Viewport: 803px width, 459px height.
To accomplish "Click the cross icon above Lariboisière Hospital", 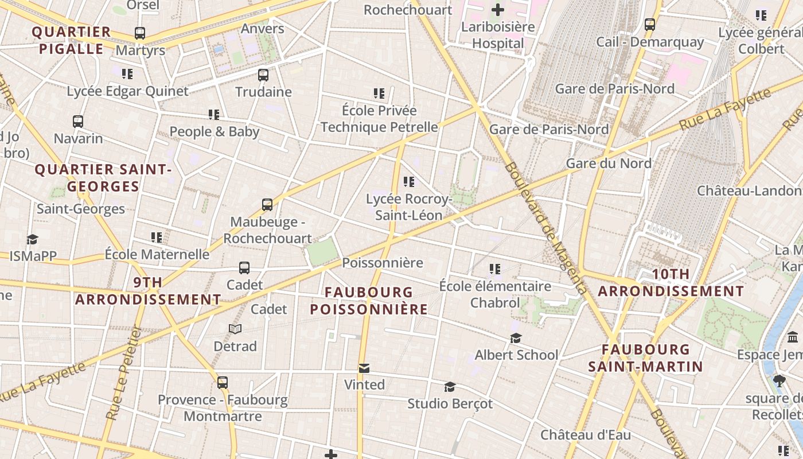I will click(498, 9).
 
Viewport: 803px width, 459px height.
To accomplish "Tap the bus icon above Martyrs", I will click(140, 33).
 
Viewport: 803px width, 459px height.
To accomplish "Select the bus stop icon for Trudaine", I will click(263, 75).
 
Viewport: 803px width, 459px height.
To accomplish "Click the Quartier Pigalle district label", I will click(72, 40).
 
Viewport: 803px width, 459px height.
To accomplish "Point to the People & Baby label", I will click(215, 131).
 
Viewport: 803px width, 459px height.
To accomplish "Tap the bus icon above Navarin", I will click(78, 122).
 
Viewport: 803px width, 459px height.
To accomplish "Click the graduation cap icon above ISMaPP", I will click(32, 239).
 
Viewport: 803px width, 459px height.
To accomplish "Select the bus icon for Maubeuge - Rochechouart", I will click(267, 205).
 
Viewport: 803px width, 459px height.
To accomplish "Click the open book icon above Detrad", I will click(235, 329).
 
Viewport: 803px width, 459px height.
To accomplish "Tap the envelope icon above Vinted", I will click(364, 368).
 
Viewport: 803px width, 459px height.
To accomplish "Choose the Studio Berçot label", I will click(450, 404).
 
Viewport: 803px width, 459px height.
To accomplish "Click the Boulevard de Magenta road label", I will click(546, 228).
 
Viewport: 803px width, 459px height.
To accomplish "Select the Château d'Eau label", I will click(586, 435).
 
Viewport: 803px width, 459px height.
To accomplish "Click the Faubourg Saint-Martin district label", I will click(646, 358).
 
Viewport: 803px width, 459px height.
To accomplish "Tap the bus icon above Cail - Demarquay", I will click(650, 25).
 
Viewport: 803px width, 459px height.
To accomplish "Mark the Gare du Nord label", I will click(609, 164).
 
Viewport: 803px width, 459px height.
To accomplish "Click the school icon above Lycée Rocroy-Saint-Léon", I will click(409, 182).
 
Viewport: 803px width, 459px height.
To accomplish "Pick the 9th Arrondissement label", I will click(148, 291).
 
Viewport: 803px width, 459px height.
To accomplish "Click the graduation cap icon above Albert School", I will click(516, 339).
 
